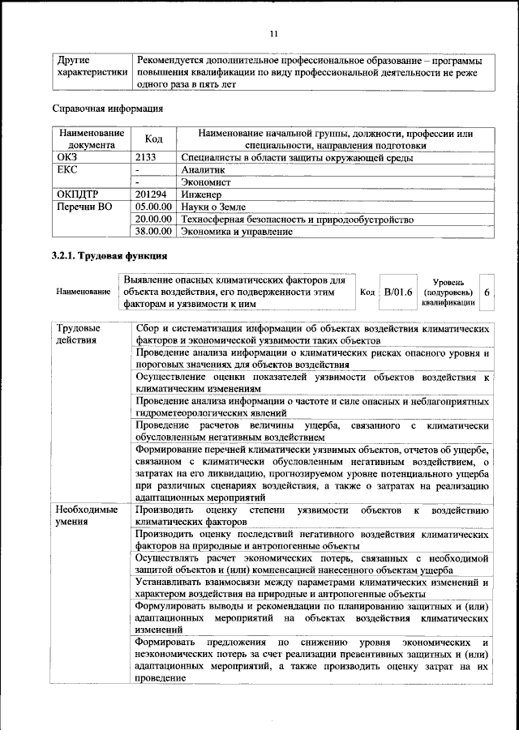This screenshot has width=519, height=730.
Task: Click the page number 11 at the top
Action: pos(273,33)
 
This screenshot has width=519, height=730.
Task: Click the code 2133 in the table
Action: pos(147,159)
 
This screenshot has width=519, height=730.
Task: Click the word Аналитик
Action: pos(204,171)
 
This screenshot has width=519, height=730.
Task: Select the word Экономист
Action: pos(208,183)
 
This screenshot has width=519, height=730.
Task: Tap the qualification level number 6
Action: pos(486,292)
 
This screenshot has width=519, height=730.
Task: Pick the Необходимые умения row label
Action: pos(86,516)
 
